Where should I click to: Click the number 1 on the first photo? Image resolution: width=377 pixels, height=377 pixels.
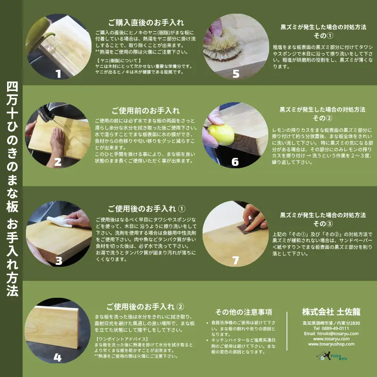pos(58,74)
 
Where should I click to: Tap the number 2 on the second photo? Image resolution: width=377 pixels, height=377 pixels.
pos(58,162)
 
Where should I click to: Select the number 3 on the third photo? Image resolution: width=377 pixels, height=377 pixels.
pos(59,261)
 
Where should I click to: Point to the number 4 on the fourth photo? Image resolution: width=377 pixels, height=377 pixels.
pos(57,358)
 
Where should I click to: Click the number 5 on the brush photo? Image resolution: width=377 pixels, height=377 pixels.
pos(236,74)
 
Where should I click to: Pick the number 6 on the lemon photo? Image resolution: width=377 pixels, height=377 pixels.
pos(235,162)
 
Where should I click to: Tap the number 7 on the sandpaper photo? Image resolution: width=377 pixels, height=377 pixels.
pos(236,261)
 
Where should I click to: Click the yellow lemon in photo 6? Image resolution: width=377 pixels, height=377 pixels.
pos(222,134)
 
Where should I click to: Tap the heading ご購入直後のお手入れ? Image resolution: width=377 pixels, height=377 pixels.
pos(146,22)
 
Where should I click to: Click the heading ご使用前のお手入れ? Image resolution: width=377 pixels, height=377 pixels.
pos(146,111)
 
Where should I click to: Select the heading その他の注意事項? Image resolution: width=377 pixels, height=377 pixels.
pos(244,312)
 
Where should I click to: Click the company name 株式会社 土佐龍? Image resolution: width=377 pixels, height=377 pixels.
pos(331,311)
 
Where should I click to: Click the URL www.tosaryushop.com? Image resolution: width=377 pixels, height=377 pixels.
pos(331,344)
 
